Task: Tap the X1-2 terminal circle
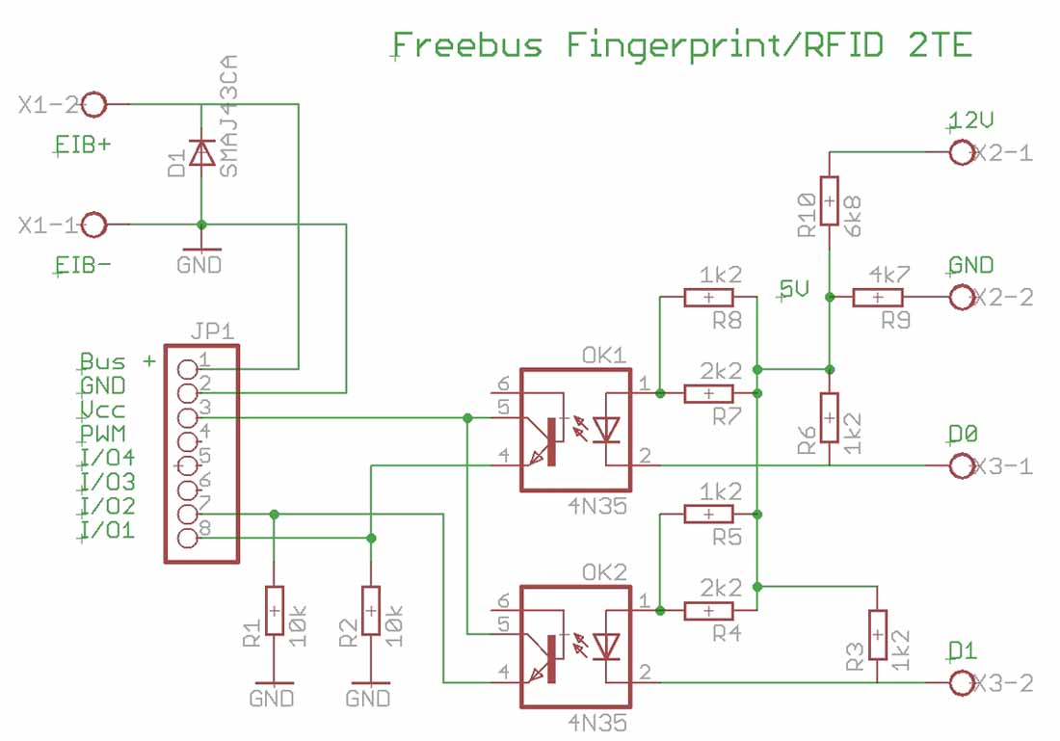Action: [95, 103]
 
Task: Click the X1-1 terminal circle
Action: [95, 225]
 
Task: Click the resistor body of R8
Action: [708, 298]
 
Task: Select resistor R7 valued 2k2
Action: [708, 393]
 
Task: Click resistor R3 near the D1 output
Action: [877, 635]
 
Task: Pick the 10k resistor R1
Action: [275, 611]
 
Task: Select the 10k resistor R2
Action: [370, 611]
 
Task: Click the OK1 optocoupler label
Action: [604, 354]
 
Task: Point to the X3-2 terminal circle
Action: [961, 683]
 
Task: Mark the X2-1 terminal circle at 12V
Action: [961, 152]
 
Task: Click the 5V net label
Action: [794, 289]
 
